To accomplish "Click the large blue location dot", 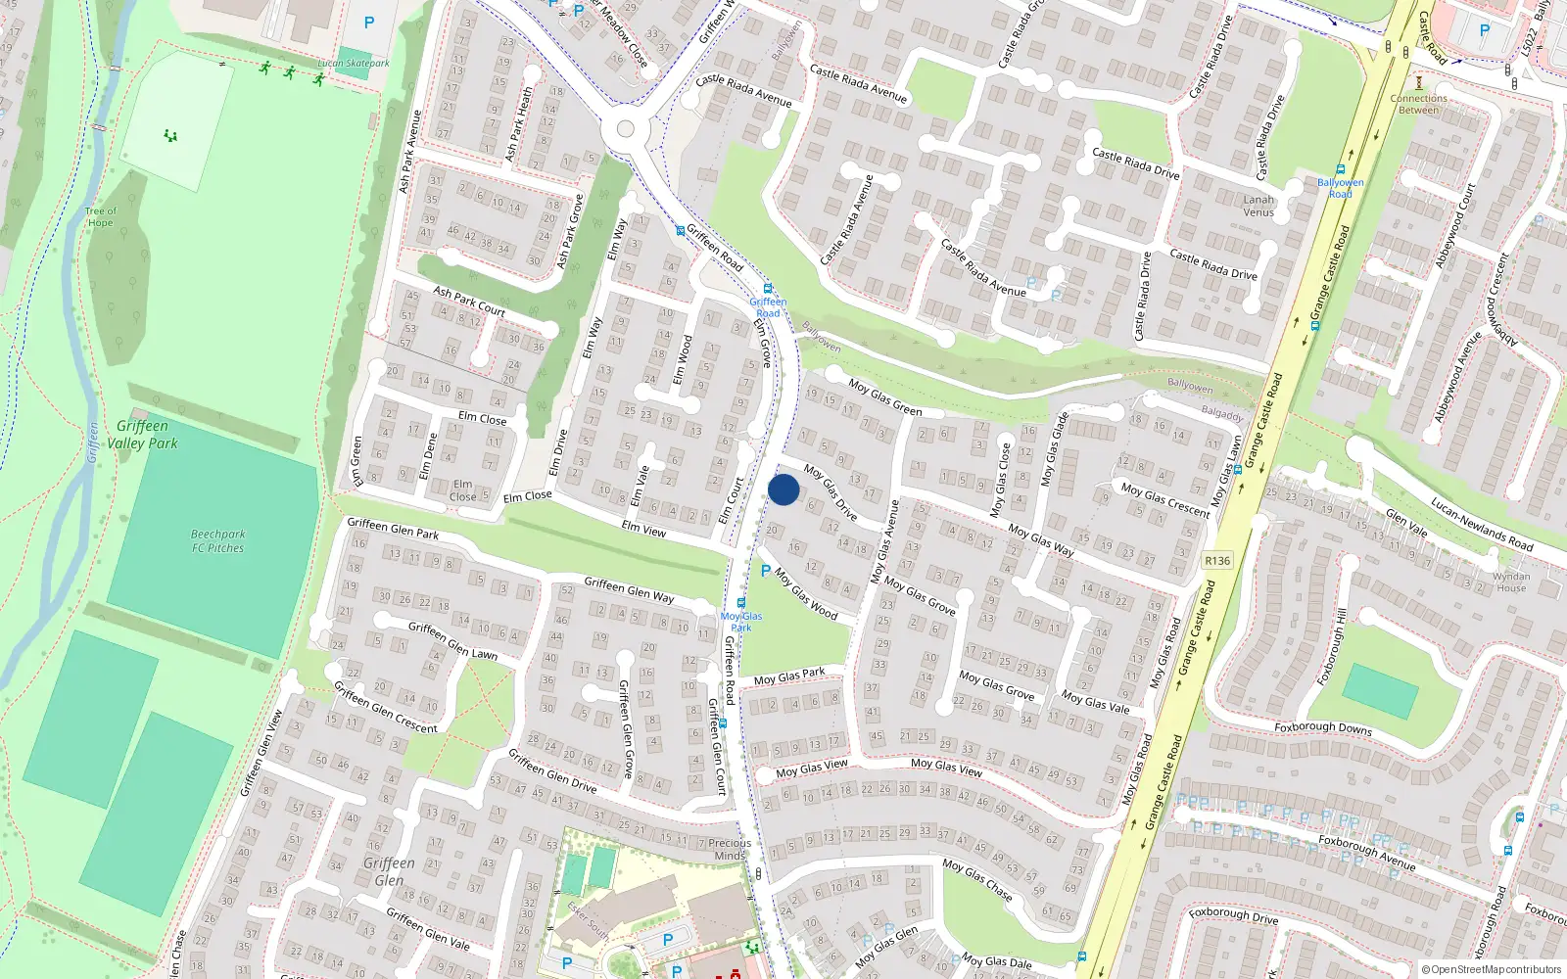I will pos(783,489).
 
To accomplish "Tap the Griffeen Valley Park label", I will pos(143,435).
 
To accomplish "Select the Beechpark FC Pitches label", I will pos(217,541).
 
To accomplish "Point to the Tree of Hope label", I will pos(100,216).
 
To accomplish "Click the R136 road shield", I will pos(1217,561).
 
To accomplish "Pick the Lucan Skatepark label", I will pos(354,64).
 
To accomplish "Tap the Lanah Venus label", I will pos(1258,206).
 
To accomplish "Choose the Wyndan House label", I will pos(1511,583).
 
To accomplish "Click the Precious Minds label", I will pos(730,849).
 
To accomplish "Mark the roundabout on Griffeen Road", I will pos(626,129).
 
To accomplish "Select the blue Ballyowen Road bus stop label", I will pos(1340,188).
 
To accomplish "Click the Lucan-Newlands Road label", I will pos(1482,524).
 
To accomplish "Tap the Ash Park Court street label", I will pos(469,301).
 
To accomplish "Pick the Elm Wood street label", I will pos(682,359).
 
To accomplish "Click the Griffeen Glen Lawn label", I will pos(452,641).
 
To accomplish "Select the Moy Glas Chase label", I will pos(976,878).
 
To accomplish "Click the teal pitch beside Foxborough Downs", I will pos(1380,691).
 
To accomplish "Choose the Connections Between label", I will pos(1418,104).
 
